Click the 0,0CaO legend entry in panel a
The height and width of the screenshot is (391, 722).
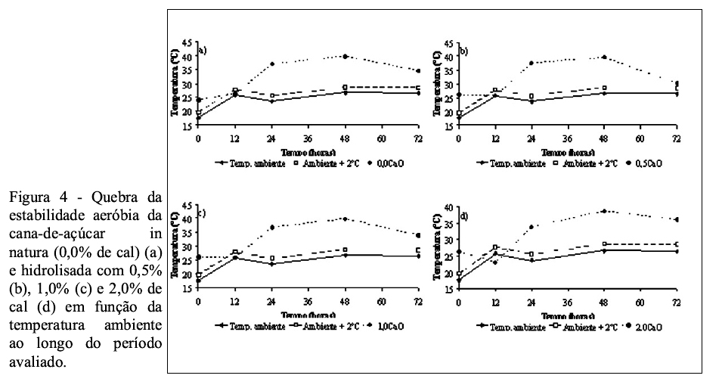381,162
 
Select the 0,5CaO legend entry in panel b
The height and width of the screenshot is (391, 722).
642,162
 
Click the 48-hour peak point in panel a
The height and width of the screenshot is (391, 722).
345,57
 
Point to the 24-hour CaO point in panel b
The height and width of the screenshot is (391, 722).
531,63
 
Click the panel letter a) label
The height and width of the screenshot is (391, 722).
203,51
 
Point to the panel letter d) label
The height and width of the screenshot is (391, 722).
463,216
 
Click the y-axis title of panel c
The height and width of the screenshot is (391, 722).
175,240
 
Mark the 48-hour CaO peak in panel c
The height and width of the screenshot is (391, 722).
345,219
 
